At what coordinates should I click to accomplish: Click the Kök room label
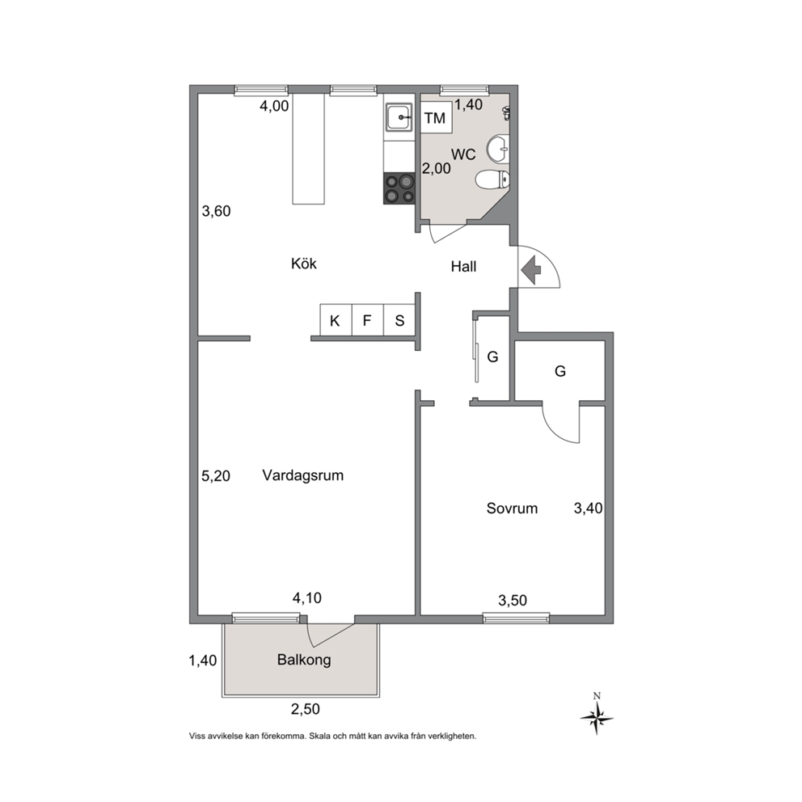[304, 264]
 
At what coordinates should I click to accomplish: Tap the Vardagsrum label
[303, 475]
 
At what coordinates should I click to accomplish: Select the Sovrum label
[512, 509]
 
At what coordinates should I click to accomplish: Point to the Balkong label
[304, 660]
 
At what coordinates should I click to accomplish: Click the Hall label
[463, 267]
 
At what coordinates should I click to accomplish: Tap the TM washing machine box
[436, 118]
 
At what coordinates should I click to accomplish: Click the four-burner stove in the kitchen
[399, 188]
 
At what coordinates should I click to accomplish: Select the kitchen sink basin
[399, 117]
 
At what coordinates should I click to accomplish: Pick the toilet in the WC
[492, 179]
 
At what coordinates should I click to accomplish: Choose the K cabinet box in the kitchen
[336, 320]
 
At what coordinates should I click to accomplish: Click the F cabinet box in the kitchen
[367, 320]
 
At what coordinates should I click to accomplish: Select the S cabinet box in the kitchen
[399, 320]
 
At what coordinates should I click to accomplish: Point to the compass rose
[597, 717]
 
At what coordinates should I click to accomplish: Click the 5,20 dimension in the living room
[216, 476]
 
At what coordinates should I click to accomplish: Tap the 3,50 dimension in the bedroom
[513, 601]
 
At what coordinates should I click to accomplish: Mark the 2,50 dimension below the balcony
[306, 709]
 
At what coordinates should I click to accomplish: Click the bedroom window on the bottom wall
[516, 618]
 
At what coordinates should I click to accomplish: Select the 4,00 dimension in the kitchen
[274, 107]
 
